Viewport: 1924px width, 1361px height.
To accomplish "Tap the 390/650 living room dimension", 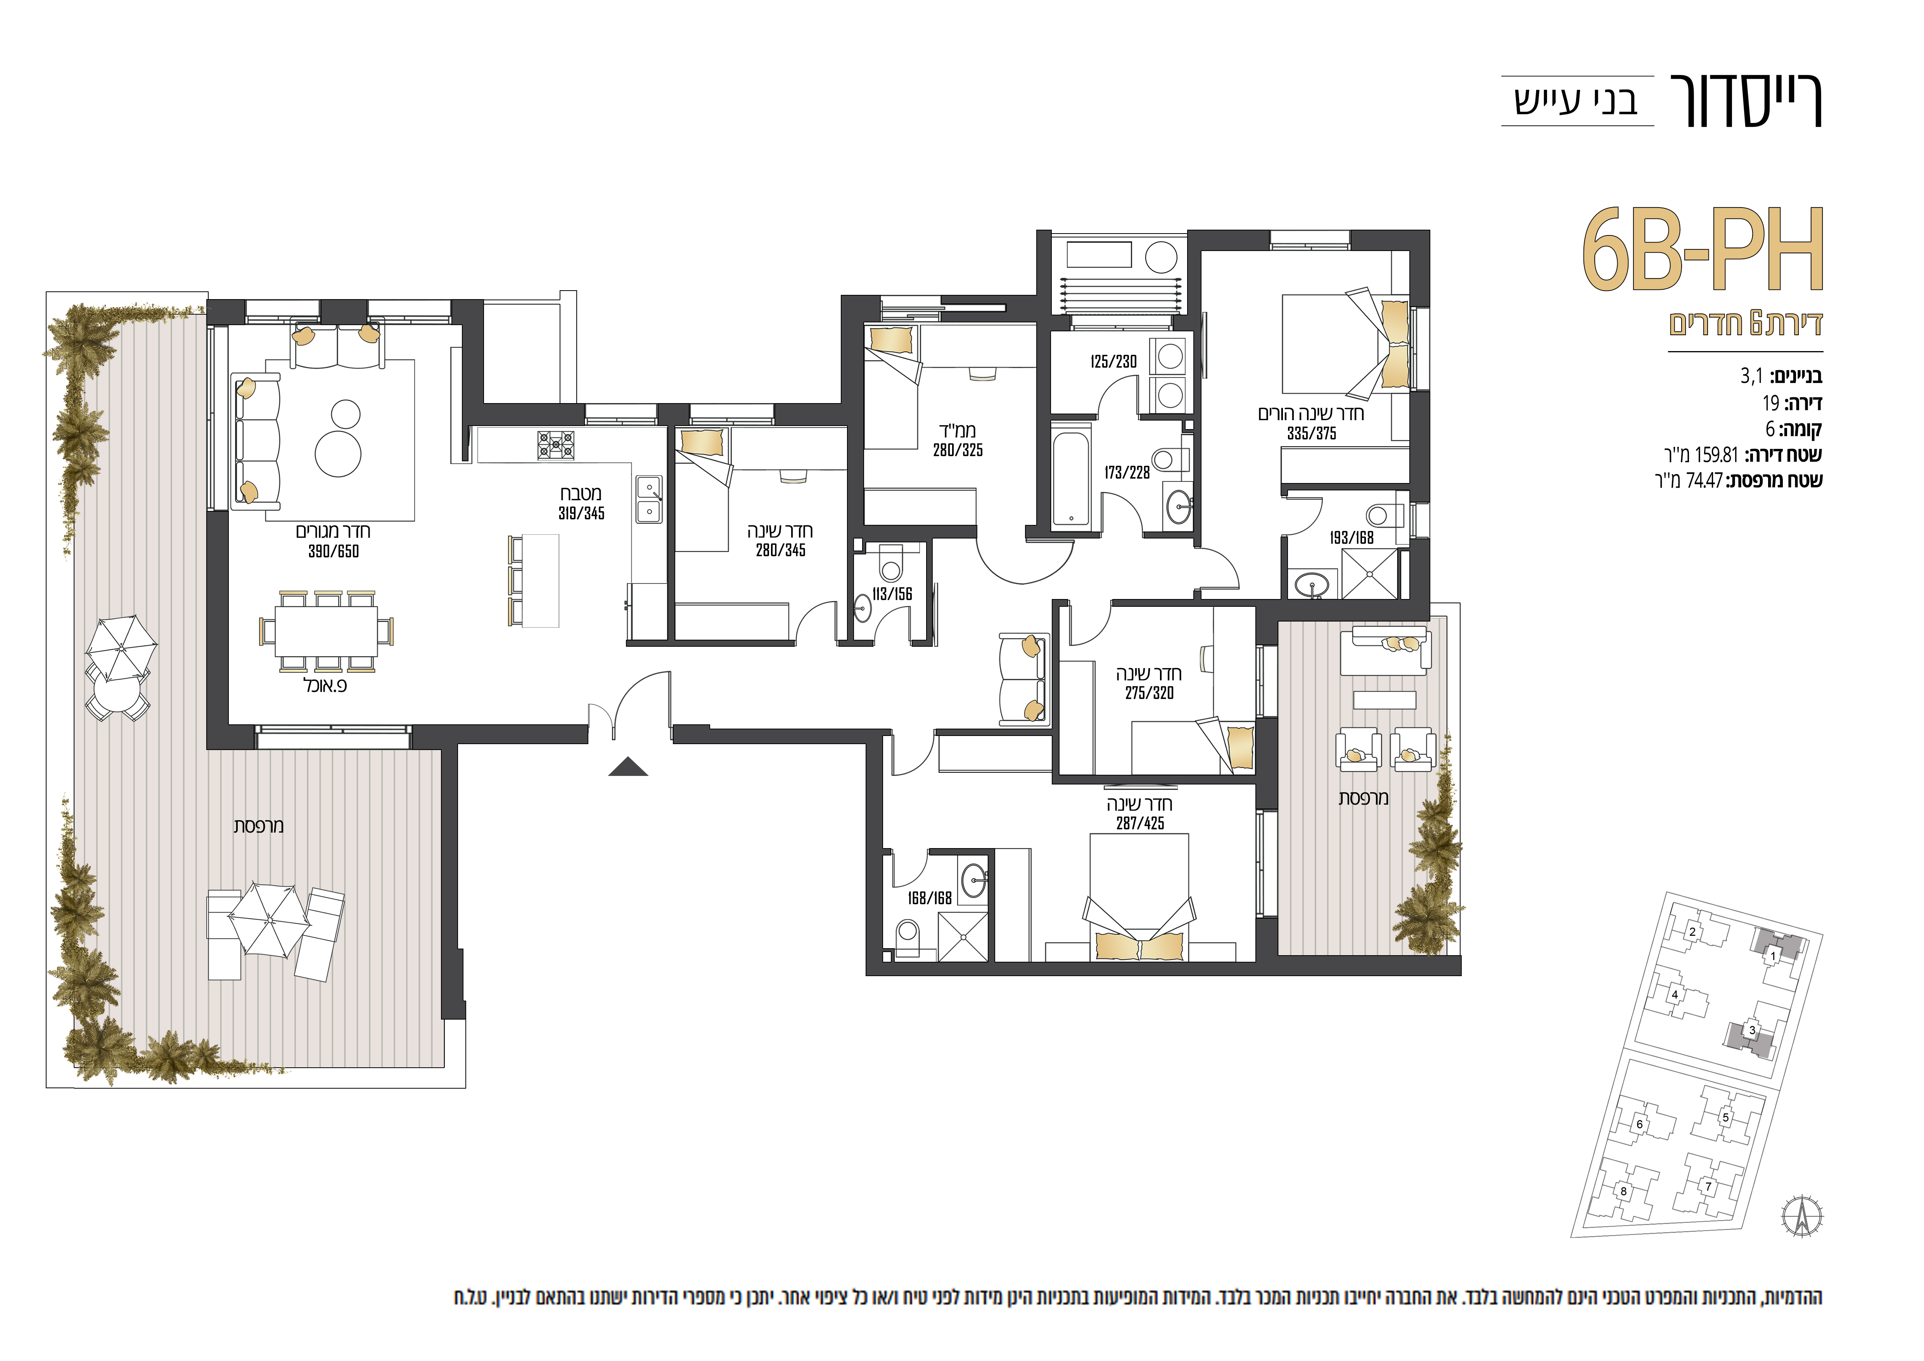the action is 334,551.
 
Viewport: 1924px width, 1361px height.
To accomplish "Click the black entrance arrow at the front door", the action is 628,767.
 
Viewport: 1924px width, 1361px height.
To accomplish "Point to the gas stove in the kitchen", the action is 557,444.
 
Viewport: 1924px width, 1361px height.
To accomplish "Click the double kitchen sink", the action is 650,499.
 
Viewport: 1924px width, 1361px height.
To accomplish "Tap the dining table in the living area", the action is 326,631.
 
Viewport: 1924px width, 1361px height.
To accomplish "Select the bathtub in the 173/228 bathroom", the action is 1072,478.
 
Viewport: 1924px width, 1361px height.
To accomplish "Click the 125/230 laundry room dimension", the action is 1114,362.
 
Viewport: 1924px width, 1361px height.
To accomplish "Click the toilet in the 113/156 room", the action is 891,563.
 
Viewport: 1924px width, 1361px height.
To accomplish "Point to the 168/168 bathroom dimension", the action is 929,899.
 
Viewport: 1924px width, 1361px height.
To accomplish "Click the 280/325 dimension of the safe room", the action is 958,450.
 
